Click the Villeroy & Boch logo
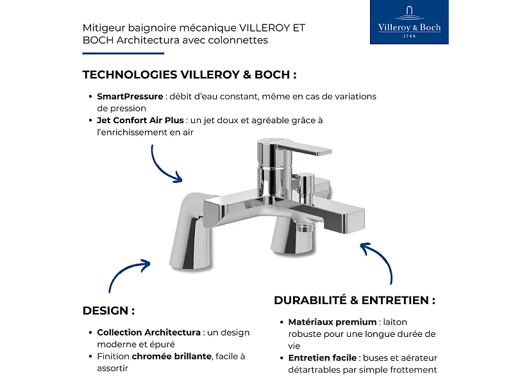point(409,22)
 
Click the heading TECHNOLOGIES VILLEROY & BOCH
point(189,74)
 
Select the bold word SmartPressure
point(130,96)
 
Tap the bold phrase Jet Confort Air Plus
point(140,120)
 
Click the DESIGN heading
point(108,311)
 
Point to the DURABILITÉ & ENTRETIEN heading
point(355,300)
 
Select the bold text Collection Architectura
point(149,332)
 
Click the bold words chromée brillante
point(171,356)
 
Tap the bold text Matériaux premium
point(332,321)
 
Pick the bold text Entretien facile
point(323,357)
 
